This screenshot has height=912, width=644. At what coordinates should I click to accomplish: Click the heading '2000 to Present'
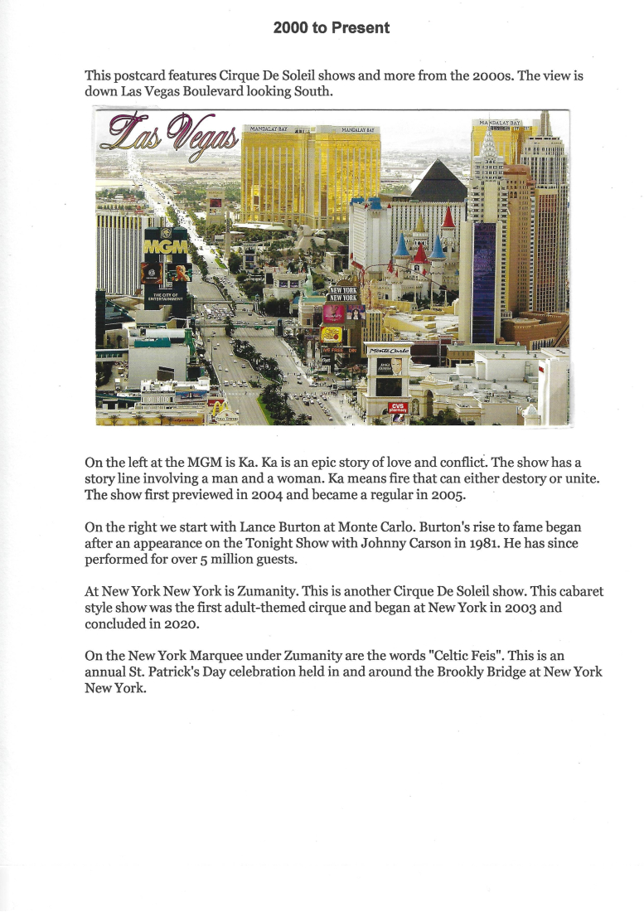[332, 28]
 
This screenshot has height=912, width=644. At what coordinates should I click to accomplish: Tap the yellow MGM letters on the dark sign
[166, 246]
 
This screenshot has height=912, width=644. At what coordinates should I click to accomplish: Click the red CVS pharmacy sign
[397, 407]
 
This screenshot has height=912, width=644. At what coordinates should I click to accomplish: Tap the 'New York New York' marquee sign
[344, 294]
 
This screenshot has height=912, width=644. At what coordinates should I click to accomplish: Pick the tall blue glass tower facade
[483, 282]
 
